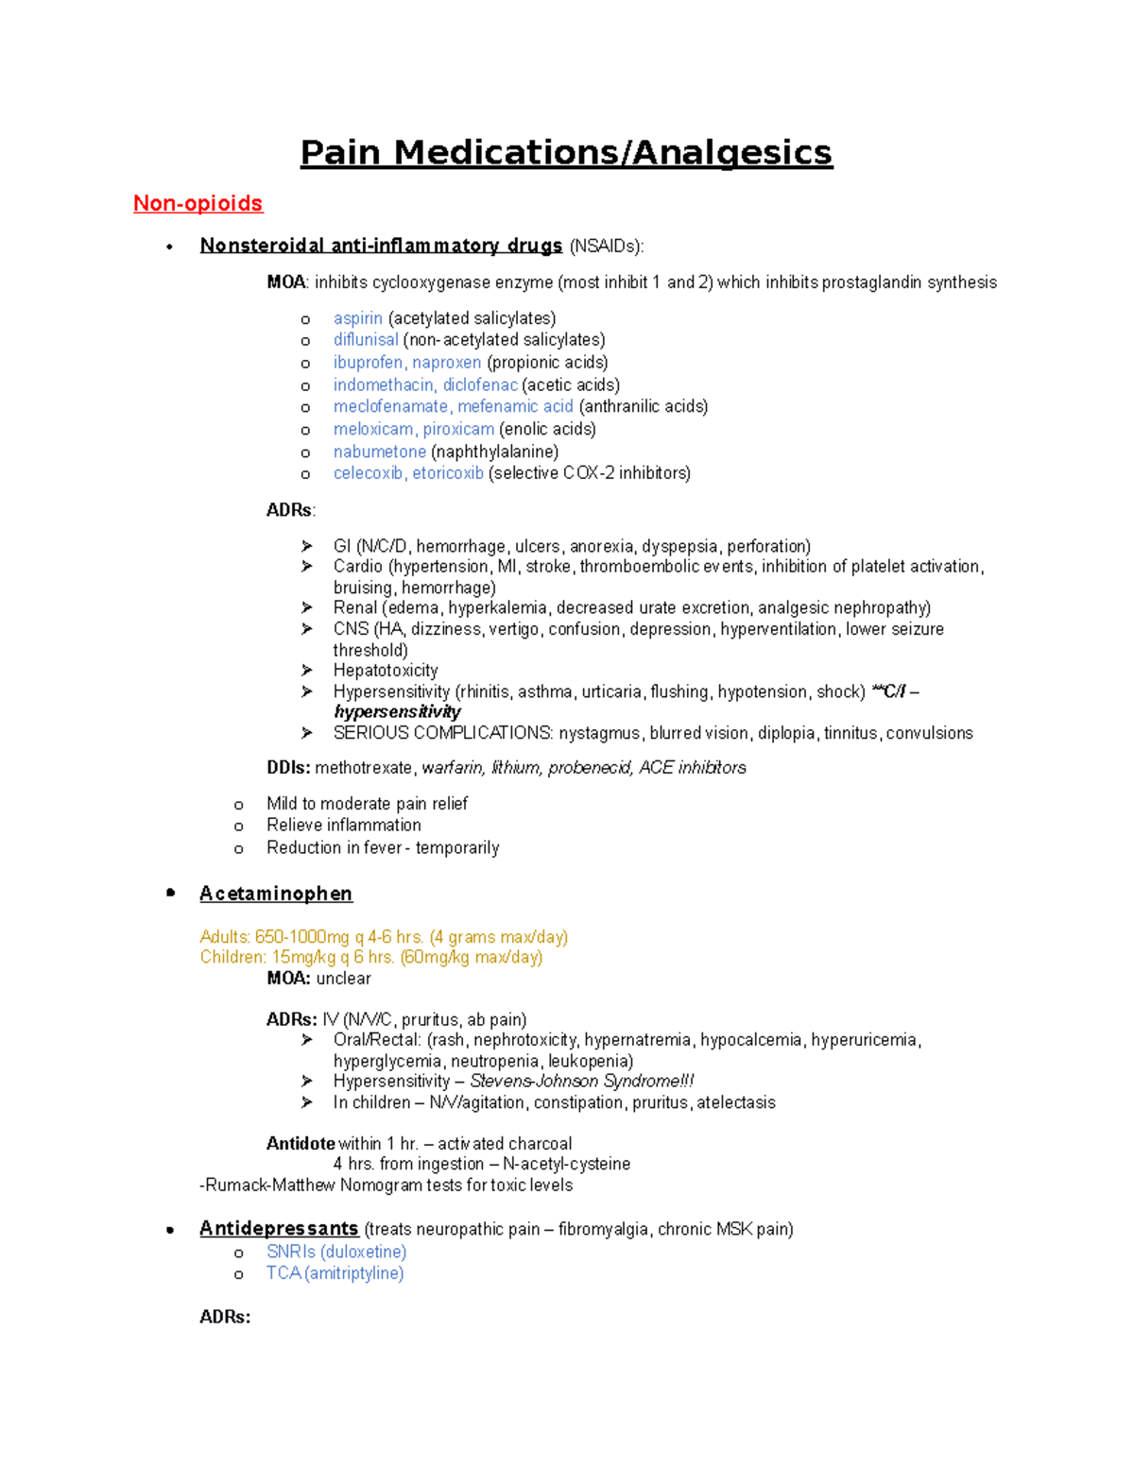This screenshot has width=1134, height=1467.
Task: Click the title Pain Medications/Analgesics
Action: (x=566, y=153)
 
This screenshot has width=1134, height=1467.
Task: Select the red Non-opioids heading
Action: (x=198, y=204)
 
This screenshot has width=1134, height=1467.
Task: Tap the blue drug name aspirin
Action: (x=357, y=318)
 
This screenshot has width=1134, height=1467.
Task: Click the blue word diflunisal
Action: (x=365, y=340)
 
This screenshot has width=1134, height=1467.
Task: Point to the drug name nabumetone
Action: (x=379, y=452)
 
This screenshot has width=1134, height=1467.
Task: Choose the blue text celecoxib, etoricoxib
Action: (x=408, y=473)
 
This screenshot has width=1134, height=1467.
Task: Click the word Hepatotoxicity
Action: (x=386, y=671)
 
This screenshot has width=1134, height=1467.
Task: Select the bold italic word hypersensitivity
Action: (x=397, y=712)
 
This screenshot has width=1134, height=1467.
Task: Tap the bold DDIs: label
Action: (x=288, y=768)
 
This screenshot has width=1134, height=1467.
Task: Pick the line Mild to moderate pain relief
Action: (x=367, y=804)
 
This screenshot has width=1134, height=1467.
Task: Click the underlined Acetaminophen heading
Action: (x=276, y=894)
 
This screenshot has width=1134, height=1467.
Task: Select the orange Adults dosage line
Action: (x=384, y=937)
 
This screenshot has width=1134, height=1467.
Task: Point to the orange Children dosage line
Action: (x=371, y=958)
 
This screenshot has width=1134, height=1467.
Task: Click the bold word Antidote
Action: (x=301, y=1144)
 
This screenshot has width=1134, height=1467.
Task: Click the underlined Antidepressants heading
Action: (x=279, y=1229)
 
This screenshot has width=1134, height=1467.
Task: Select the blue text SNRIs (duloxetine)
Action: (x=336, y=1252)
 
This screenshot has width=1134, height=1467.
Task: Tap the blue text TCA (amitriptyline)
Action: (x=335, y=1273)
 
